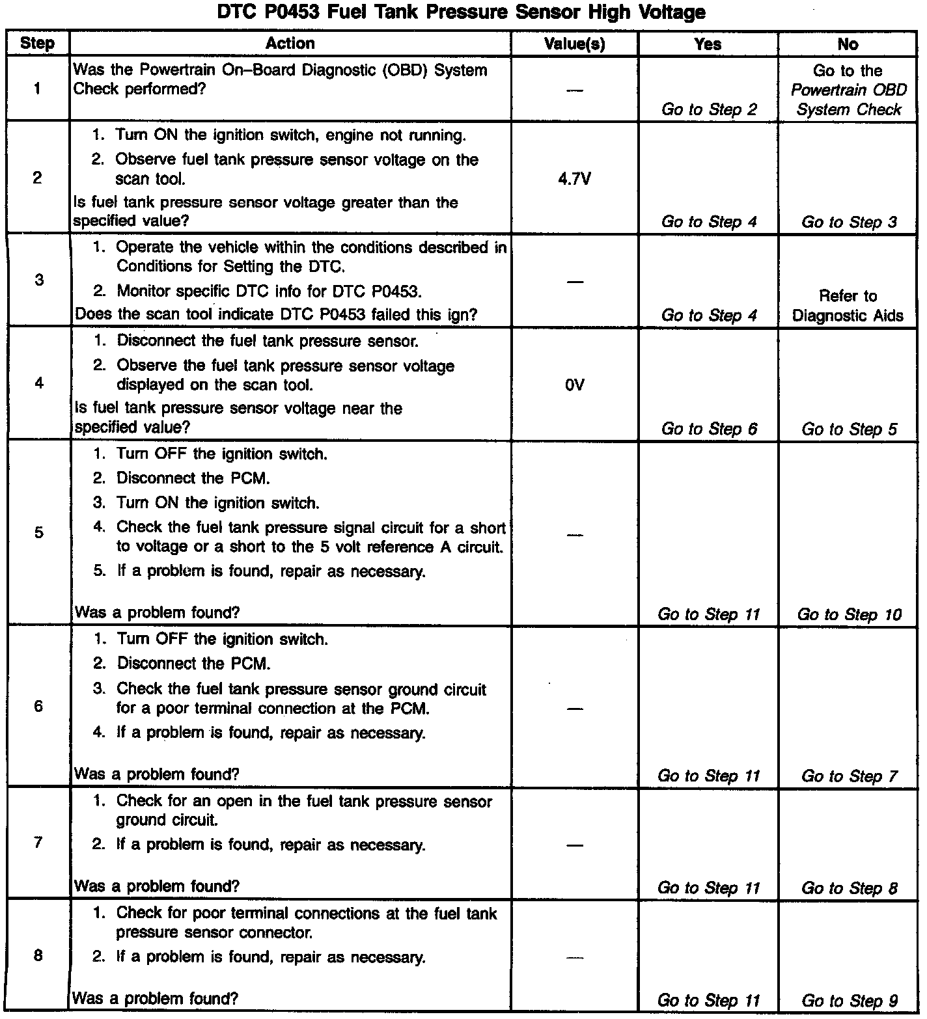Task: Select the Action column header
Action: coord(290,44)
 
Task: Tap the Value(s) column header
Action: coord(574,44)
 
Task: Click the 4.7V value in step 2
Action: coord(574,179)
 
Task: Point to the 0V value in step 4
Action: coord(574,385)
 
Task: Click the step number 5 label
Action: coord(38,533)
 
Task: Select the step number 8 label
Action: coord(38,956)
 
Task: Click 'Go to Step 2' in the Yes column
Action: coord(709,109)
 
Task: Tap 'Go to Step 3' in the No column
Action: coord(849,222)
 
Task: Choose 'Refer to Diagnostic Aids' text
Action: coord(848,306)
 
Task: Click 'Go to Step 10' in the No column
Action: coord(849,614)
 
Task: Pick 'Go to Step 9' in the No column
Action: coord(849,1000)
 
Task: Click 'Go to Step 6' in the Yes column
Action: coord(709,429)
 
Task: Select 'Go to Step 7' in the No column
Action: coord(849,776)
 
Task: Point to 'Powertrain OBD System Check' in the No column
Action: coord(848,100)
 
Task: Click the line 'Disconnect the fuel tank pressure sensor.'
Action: coord(267,341)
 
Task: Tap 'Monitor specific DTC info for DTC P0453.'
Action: coord(269,291)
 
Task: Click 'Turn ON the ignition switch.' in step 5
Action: coord(217,503)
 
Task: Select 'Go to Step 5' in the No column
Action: coord(849,429)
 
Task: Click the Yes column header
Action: coord(708,44)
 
